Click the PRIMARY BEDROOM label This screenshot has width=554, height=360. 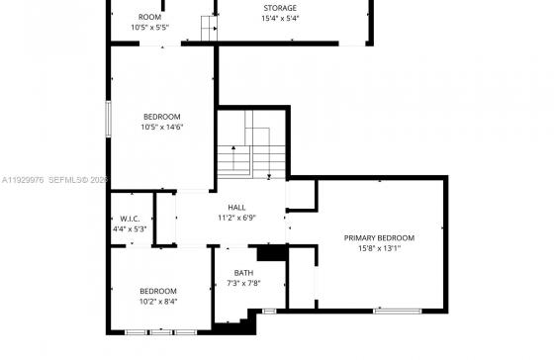pos(379,238)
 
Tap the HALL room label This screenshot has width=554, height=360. pos(236,208)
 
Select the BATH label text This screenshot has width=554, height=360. pos(243,273)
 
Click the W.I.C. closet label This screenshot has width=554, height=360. pos(130,219)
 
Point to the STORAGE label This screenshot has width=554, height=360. pos(280,8)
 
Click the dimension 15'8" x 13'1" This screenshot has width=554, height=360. pos(380,248)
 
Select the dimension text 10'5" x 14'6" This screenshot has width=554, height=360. pos(162,127)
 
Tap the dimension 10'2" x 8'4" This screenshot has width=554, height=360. pos(158,302)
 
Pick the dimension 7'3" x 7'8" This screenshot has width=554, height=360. pos(243,283)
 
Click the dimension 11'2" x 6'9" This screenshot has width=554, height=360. pos(236,218)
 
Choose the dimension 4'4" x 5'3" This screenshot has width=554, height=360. pos(130,229)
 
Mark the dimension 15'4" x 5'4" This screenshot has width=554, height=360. pos(280,18)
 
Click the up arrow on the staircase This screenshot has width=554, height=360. pos(233,158)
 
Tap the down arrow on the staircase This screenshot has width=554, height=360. pos(269,152)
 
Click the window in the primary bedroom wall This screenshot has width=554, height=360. pos(398,312)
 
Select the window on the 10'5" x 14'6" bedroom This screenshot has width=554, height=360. pos(109,119)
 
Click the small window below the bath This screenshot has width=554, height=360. pos(269,312)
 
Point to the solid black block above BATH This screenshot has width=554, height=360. pos(272,253)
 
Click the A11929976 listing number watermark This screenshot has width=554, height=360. pos(23,180)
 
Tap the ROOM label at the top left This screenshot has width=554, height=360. pos(149,17)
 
